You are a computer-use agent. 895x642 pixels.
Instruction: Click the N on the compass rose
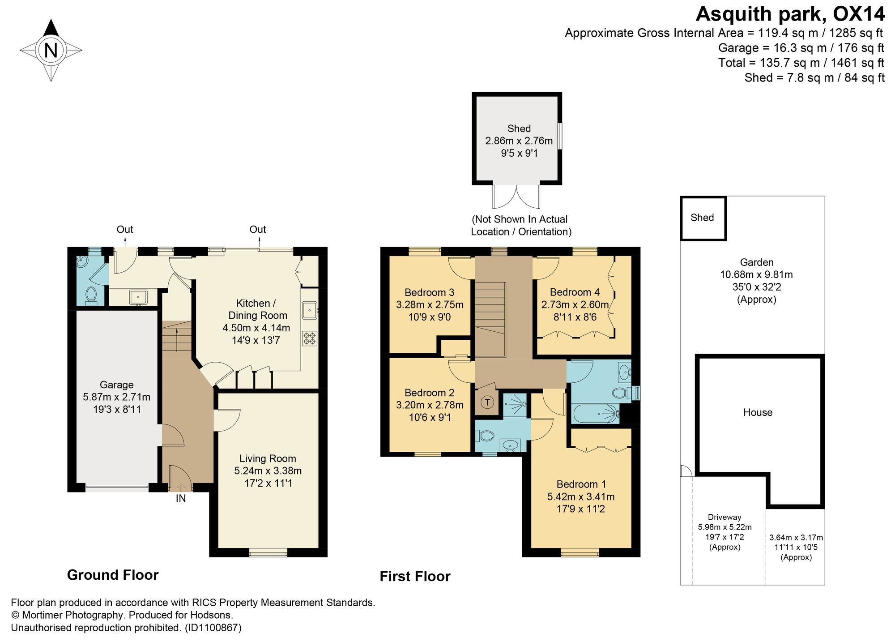coord(51,50)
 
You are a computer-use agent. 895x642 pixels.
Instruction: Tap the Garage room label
coord(116,385)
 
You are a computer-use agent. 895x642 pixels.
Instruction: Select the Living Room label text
coord(268,458)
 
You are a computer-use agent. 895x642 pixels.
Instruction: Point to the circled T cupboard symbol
coord(488,402)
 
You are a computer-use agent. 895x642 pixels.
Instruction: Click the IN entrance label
coord(181,498)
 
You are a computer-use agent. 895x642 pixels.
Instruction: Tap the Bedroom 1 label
coord(581,484)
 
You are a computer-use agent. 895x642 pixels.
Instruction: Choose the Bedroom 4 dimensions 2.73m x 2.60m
coord(575,305)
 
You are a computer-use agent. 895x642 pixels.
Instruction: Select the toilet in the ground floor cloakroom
coord(91,295)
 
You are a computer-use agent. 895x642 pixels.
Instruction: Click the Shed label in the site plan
coord(702,218)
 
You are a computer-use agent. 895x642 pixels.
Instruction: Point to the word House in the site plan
coord(758,412)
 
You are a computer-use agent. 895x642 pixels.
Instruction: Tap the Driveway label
coord(725,517)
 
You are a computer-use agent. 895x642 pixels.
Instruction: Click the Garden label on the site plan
coord(757,262)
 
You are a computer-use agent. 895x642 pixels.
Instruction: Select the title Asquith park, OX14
coord(790,14)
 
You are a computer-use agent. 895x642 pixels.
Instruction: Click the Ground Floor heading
coord(113,575)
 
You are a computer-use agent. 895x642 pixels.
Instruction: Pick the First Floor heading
coord(415,576)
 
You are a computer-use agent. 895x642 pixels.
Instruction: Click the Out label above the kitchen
coord(258,229)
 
